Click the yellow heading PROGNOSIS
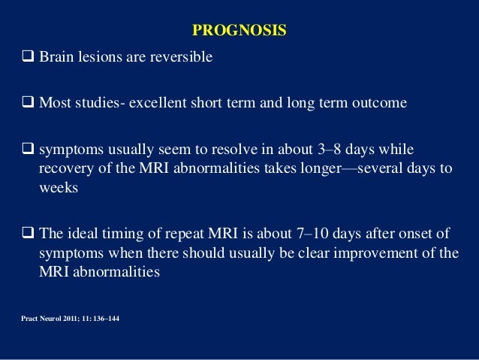pos(239,31)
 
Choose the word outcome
pos(380,102)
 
